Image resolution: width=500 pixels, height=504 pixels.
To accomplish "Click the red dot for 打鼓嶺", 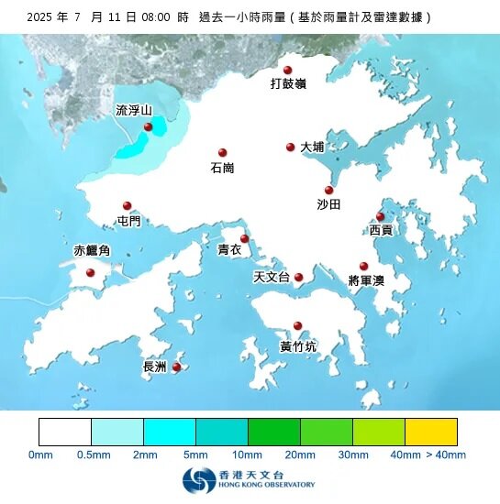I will click(x=287, y=70).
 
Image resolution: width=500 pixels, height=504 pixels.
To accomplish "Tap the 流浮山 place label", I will click(x=133, y=110).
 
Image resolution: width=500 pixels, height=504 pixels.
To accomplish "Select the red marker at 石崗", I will click(x=222, y=153).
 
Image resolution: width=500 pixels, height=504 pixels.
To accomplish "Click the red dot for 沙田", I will click(x=328, y=190).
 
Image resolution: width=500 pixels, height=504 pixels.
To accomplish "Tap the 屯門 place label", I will click(x=129, y=221).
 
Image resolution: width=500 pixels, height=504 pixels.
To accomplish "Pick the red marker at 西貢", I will click(x=380, y=217).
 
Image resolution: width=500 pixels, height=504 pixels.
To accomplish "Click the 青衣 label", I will click(x=229, y=249).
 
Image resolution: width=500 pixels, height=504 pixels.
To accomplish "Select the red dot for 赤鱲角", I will click(x=90, y=272).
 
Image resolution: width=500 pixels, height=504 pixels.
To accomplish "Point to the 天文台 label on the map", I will click(x=271, y=277).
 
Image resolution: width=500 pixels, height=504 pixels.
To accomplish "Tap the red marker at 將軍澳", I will click(x=363, y=266).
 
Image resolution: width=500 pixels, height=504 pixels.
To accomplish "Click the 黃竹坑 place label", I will click(x=298, y=346).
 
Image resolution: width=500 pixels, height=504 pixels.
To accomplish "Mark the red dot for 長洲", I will click(x=176, y=367).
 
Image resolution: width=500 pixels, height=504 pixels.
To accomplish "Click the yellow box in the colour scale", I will click(x=431, y=432).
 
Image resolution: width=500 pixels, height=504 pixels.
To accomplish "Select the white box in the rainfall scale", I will click(x=65, y=432).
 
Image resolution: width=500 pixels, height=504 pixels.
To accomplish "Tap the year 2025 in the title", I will click(x=41, y=16).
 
